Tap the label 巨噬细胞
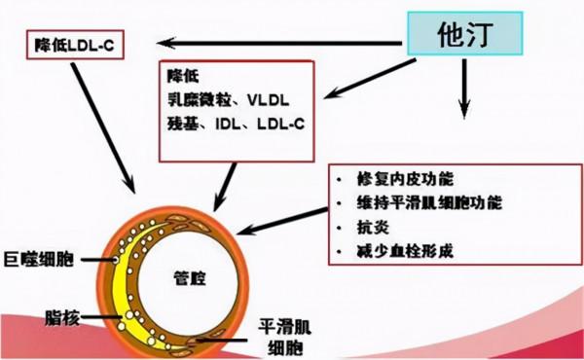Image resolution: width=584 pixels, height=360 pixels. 40,260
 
